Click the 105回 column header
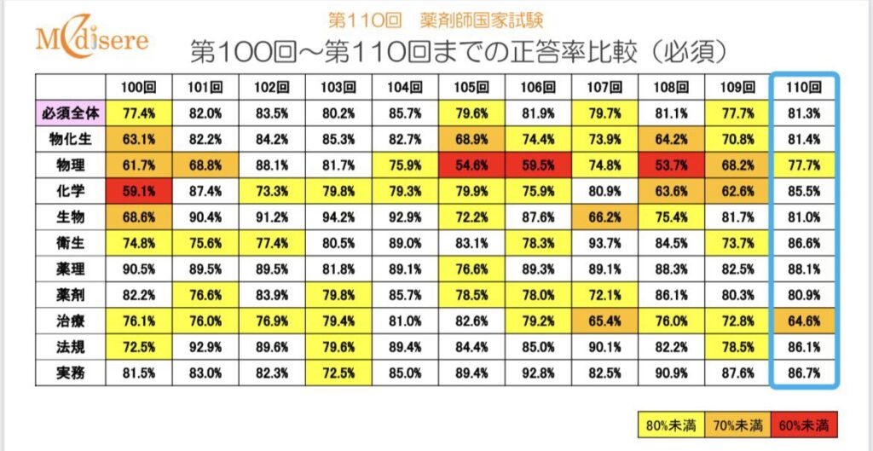[471, 87]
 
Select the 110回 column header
[804, 87]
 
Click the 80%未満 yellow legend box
[670, 423]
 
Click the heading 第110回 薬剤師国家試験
[436, 19]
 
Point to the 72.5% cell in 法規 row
[139, 348]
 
